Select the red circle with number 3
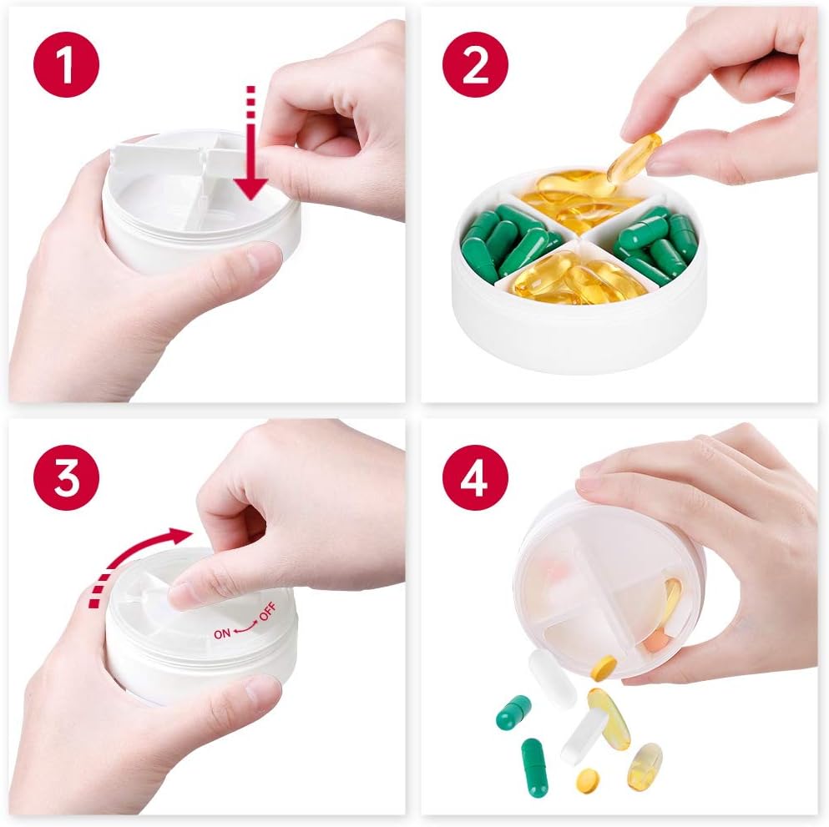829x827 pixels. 66,477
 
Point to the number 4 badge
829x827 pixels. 475,477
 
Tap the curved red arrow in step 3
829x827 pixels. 138,555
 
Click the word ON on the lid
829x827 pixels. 222,633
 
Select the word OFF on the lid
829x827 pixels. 265,617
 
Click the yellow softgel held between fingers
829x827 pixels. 634,159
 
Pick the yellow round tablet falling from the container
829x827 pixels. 604,667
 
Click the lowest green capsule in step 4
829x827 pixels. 534,767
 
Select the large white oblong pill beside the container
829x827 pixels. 553,678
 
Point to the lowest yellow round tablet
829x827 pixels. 588,780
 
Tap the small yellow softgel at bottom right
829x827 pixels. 644,766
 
